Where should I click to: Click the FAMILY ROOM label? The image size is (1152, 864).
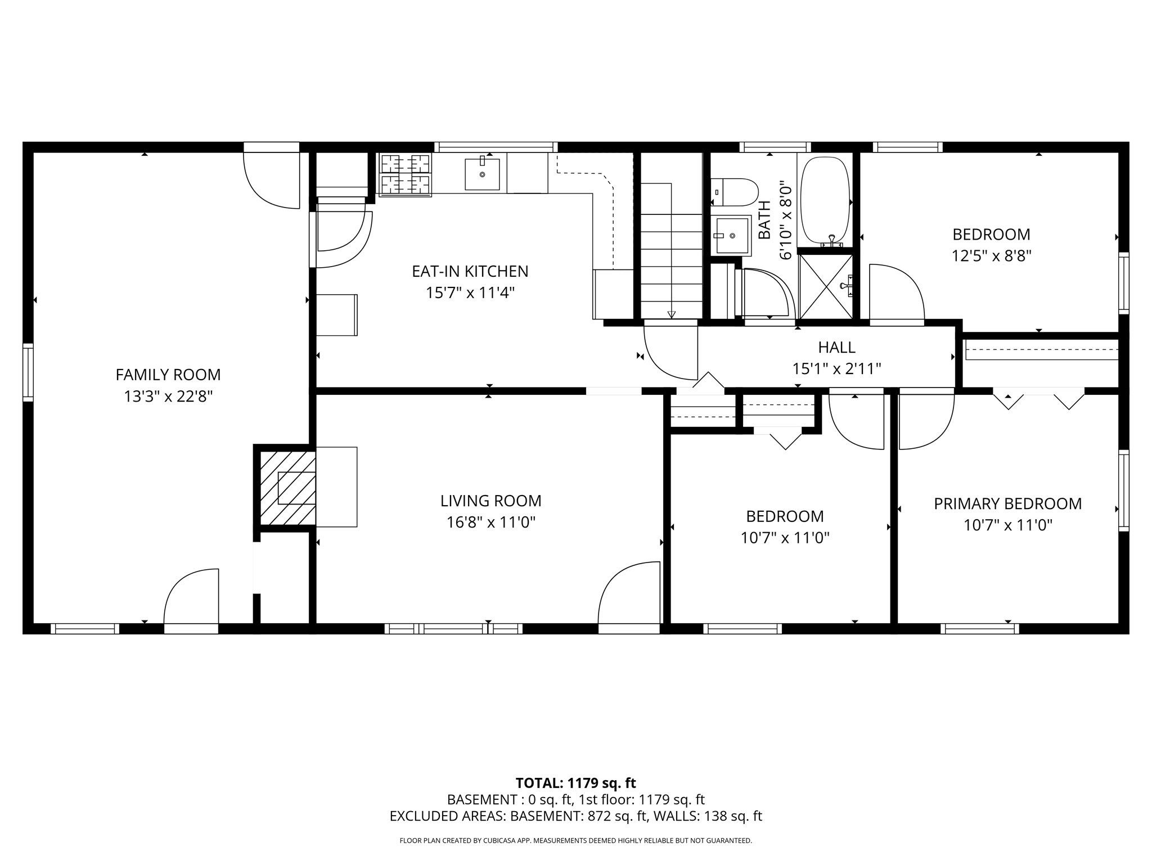pyautogui.click(x=168, y=375)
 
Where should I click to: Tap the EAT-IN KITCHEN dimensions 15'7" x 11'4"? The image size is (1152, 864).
pyautogui.click(x=470, y=293)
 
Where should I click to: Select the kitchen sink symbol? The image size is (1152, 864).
pyautogui.click(x=482, y=174)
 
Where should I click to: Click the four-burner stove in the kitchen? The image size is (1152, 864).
pyautogui.click(x=406, y=174)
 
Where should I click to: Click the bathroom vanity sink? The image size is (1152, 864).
pyautogui.click(x=732, y=236)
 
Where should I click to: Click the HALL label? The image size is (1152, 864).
pyautogui.click(x=836, y=347)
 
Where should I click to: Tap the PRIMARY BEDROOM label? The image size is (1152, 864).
pyautogui.click(x=1007, y=503)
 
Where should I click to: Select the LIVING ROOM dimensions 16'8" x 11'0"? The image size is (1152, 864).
pyautogui.click(x=490, y=523)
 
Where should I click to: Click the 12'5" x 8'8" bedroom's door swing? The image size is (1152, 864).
pyautogui.click(x=895, y=292)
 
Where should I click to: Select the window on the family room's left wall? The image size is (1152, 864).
pyautogui.click(x=28, y=372)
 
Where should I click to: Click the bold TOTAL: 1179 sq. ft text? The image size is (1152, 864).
pyautogui.click(x=575, y=783)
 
